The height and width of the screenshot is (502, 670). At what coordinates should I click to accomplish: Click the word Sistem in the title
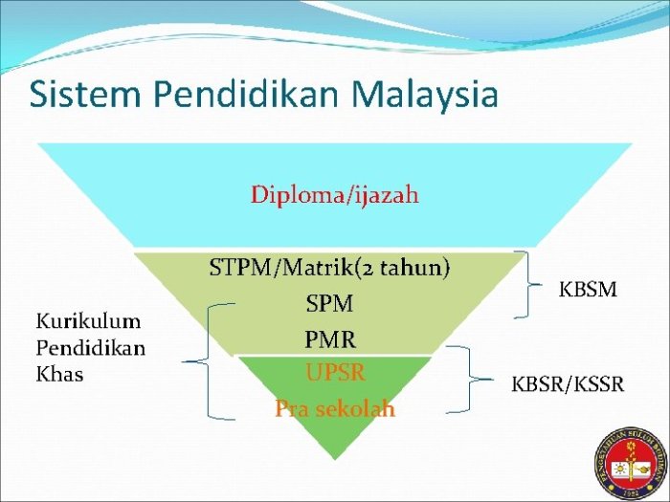(x=78, y=95)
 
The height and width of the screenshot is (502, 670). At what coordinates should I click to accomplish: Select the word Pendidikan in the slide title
(x=239, y=95)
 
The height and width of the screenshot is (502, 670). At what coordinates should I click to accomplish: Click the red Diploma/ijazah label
(x=334, y=195)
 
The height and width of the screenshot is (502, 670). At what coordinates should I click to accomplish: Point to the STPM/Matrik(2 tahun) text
(x=329, y=268)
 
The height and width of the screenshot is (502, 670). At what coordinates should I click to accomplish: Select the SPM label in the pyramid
(x=329, y=304)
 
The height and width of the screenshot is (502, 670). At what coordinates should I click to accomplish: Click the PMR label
(x=329, y=338)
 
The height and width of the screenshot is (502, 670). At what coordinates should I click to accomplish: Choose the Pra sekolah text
(x=335, y=408)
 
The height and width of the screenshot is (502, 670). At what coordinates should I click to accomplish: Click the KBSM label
(x=588, y=289)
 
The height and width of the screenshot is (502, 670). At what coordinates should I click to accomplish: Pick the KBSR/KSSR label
(x=567, y=384)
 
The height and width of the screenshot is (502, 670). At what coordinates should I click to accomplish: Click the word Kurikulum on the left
(x=89, y=320)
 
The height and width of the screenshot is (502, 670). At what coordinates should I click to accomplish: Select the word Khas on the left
(x=59, y=374)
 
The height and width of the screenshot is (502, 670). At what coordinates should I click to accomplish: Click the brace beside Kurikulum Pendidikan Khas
(x=210, y=361)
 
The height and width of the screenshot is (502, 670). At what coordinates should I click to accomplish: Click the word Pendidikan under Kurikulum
(x=91, y=347)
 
